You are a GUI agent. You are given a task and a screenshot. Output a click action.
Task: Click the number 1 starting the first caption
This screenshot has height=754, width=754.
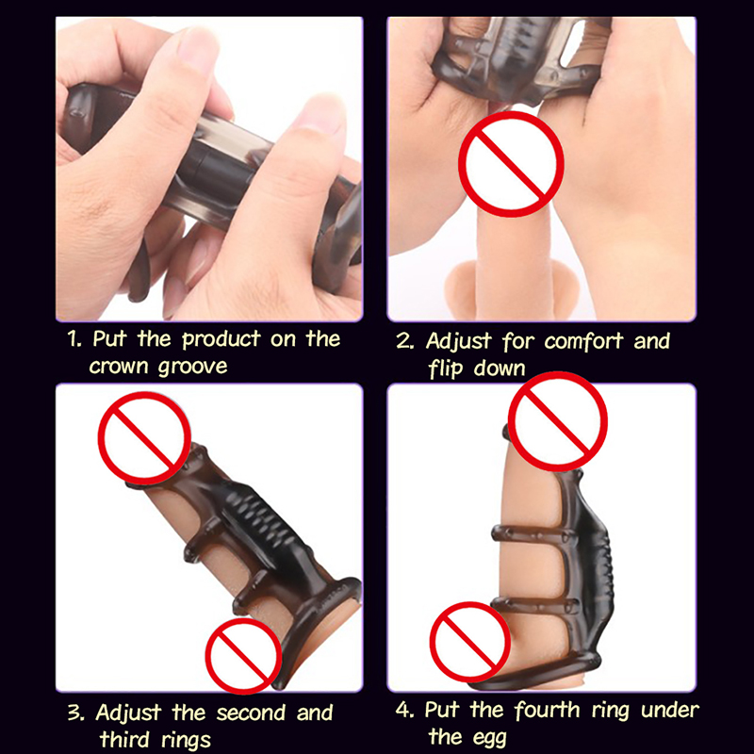(x=74, y=339)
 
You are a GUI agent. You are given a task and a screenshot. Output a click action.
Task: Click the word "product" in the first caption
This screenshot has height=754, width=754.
(x=221, y=340)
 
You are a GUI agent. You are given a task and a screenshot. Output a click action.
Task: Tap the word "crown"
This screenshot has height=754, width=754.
(x=119, y=367)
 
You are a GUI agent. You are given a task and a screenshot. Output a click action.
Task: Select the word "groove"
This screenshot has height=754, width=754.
(x=192, y=368)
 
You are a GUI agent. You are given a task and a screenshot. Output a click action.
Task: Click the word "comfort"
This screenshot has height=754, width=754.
(x=583, y=341)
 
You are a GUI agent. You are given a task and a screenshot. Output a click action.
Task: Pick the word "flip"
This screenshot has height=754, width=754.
(x=445, y=369)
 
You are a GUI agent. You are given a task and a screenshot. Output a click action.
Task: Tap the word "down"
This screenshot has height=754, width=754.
(x=500, y=369)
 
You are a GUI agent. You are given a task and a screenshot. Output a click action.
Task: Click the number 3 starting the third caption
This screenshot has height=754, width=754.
(x=76, y=713)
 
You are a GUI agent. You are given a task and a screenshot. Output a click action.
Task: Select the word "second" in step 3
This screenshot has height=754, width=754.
(x=251, y=713)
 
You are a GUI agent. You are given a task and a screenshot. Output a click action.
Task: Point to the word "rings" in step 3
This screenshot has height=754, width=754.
(x=186, y=741)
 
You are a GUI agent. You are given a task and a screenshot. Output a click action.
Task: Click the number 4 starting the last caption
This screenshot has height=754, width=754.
(x=405, y=710)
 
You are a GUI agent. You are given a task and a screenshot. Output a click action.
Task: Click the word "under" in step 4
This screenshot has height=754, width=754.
(x=670, y=711)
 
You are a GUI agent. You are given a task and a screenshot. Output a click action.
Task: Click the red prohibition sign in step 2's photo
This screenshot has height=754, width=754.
(x=511, y=164)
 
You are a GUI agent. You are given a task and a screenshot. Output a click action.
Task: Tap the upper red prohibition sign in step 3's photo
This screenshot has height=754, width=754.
(x=144, y=437)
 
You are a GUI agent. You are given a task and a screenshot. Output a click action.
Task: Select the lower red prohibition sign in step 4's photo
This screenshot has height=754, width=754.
(x=469, y=642)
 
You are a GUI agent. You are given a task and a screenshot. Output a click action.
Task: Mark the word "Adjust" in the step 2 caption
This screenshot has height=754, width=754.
(x=458, y=342)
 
